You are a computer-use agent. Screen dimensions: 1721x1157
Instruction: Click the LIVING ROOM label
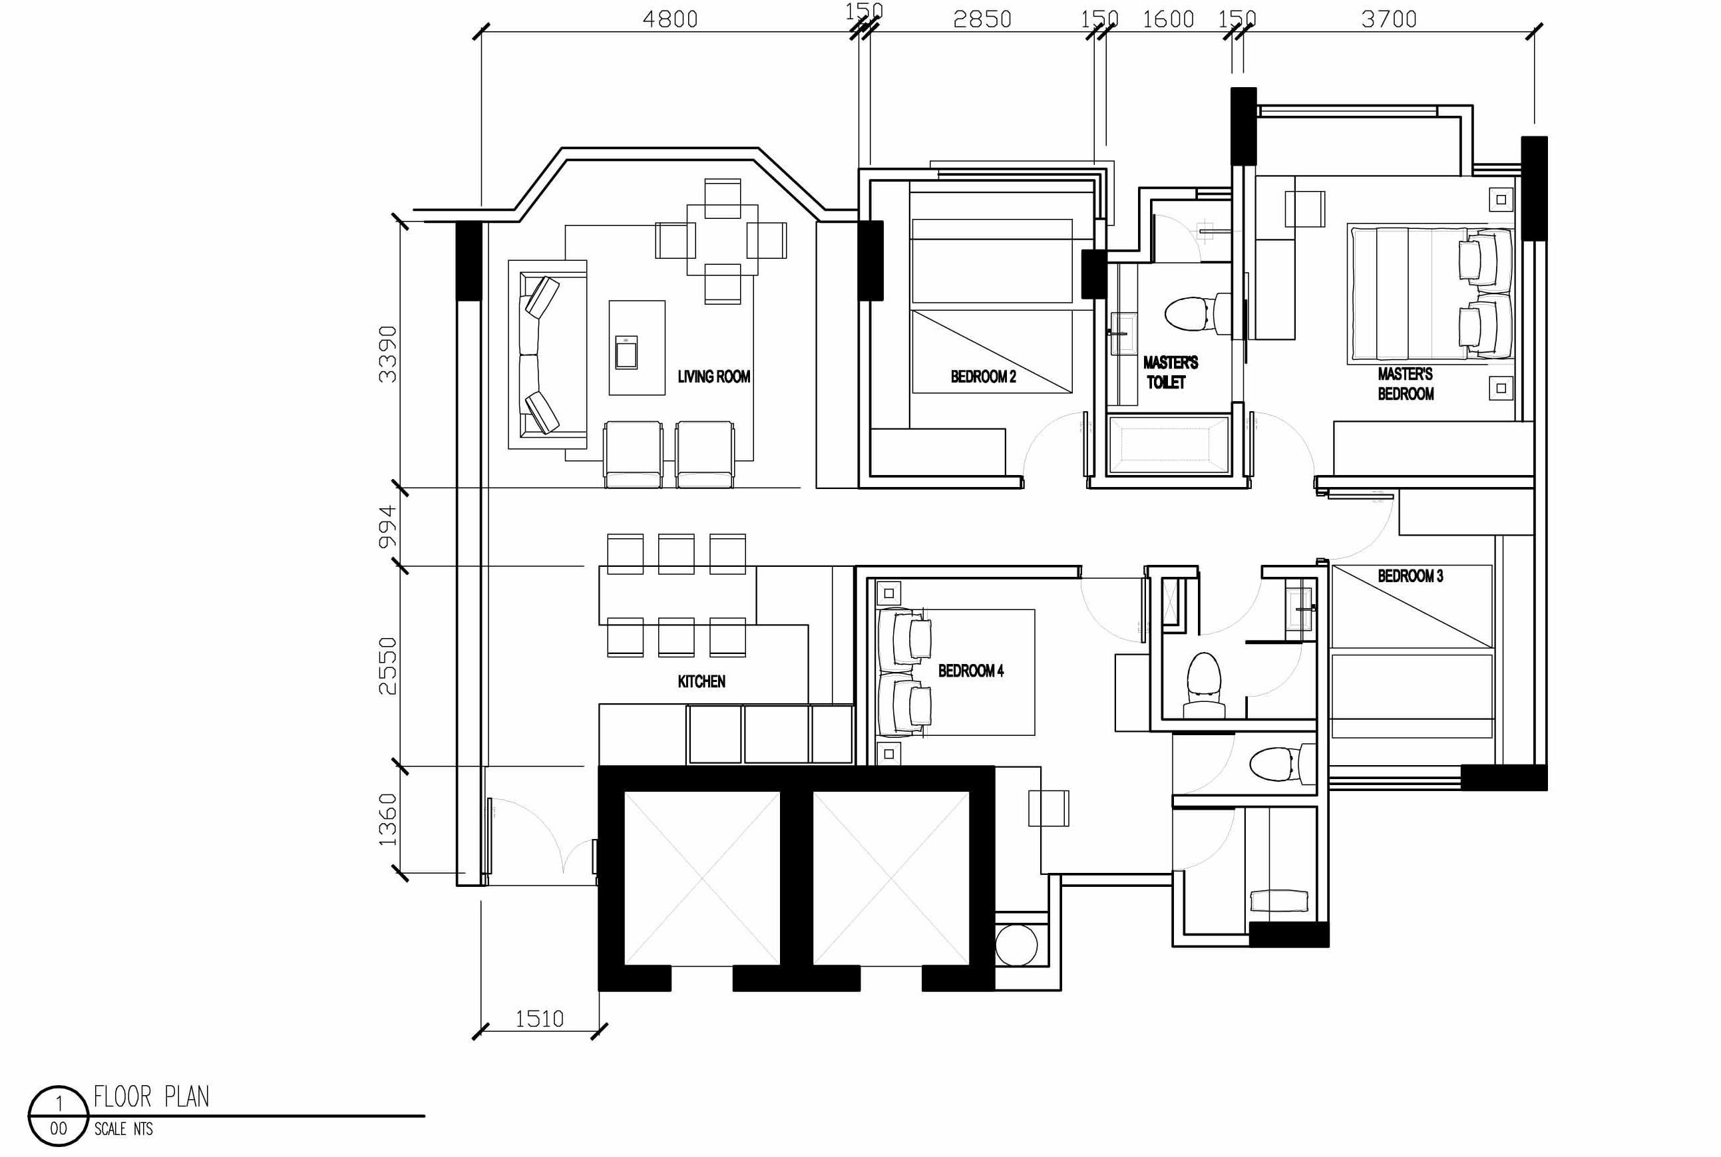tap(713, 377)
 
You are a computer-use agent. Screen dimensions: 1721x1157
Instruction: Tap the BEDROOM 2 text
tap(983, 377)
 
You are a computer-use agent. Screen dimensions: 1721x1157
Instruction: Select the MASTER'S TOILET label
tap(1170, 372)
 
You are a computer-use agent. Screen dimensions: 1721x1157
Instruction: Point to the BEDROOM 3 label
tap(1410, 576)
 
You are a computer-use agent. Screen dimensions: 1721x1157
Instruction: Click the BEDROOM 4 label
tap(970, 671)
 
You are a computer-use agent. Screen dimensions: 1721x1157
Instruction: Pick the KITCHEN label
tap(701, 681)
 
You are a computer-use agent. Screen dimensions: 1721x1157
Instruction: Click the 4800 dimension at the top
tap(670, 19)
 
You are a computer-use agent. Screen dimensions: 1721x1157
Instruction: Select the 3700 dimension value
tap(1389, 19)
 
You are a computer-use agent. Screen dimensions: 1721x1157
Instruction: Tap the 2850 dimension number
tap(982, 19)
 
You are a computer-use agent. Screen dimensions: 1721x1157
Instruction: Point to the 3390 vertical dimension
tap(387, 354)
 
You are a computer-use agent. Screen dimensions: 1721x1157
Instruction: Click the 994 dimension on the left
tap(387, 527)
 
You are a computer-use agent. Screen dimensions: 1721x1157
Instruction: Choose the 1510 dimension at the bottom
tap(540, 1019)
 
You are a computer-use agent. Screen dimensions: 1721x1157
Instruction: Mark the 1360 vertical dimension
tap(387, 820)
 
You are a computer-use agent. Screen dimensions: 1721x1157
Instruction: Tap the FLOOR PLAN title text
tap(151, 1097)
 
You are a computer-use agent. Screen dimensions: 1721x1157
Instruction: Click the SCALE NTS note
tap(123, 1129)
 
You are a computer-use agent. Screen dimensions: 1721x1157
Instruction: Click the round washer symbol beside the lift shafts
tap(1016, 945)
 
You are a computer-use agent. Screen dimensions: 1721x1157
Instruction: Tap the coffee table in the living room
tap(637, 347)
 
